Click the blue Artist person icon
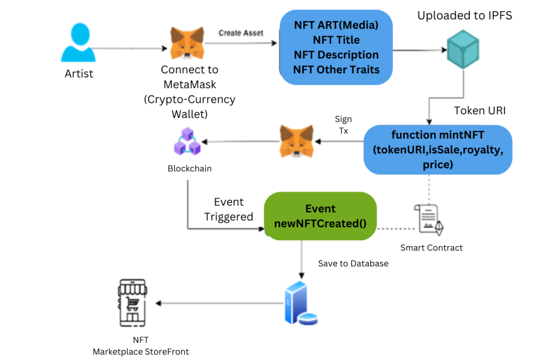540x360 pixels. point(79,45)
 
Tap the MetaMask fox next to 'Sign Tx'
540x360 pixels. point(297,141)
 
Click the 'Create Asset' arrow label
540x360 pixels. point(241,33)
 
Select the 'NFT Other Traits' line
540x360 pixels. point(336,69)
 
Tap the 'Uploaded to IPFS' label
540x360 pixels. point(465,16)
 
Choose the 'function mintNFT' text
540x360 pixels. point(437,135)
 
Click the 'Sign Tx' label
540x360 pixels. point(343,125)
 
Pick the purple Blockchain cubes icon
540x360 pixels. point(187,142)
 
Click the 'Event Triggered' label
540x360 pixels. point(228,209)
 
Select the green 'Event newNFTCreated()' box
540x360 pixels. point(320,216)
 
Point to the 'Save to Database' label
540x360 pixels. point(353,263)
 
